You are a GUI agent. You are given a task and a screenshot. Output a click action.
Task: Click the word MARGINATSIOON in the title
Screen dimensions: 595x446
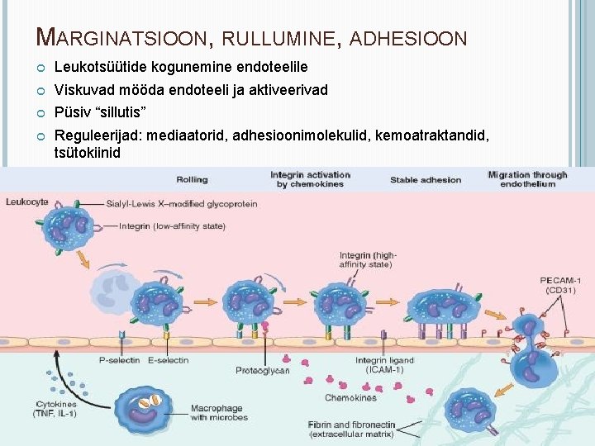124,37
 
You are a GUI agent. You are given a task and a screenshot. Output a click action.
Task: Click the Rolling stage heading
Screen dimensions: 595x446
192,179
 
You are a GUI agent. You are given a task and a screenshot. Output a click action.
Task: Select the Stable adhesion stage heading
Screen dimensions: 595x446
426,179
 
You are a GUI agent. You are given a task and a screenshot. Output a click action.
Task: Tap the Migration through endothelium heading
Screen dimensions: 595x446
527,179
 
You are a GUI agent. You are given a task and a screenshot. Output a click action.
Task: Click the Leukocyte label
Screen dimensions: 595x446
26,201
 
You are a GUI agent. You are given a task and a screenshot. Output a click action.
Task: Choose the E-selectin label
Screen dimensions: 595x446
168,360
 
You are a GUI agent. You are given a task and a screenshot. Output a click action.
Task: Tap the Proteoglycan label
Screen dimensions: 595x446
263,371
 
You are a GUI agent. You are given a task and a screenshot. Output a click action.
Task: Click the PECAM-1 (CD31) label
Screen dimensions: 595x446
561,285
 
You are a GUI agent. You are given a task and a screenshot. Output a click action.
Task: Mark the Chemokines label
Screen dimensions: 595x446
350,397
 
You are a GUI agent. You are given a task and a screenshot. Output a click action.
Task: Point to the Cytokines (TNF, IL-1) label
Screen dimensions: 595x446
56,409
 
